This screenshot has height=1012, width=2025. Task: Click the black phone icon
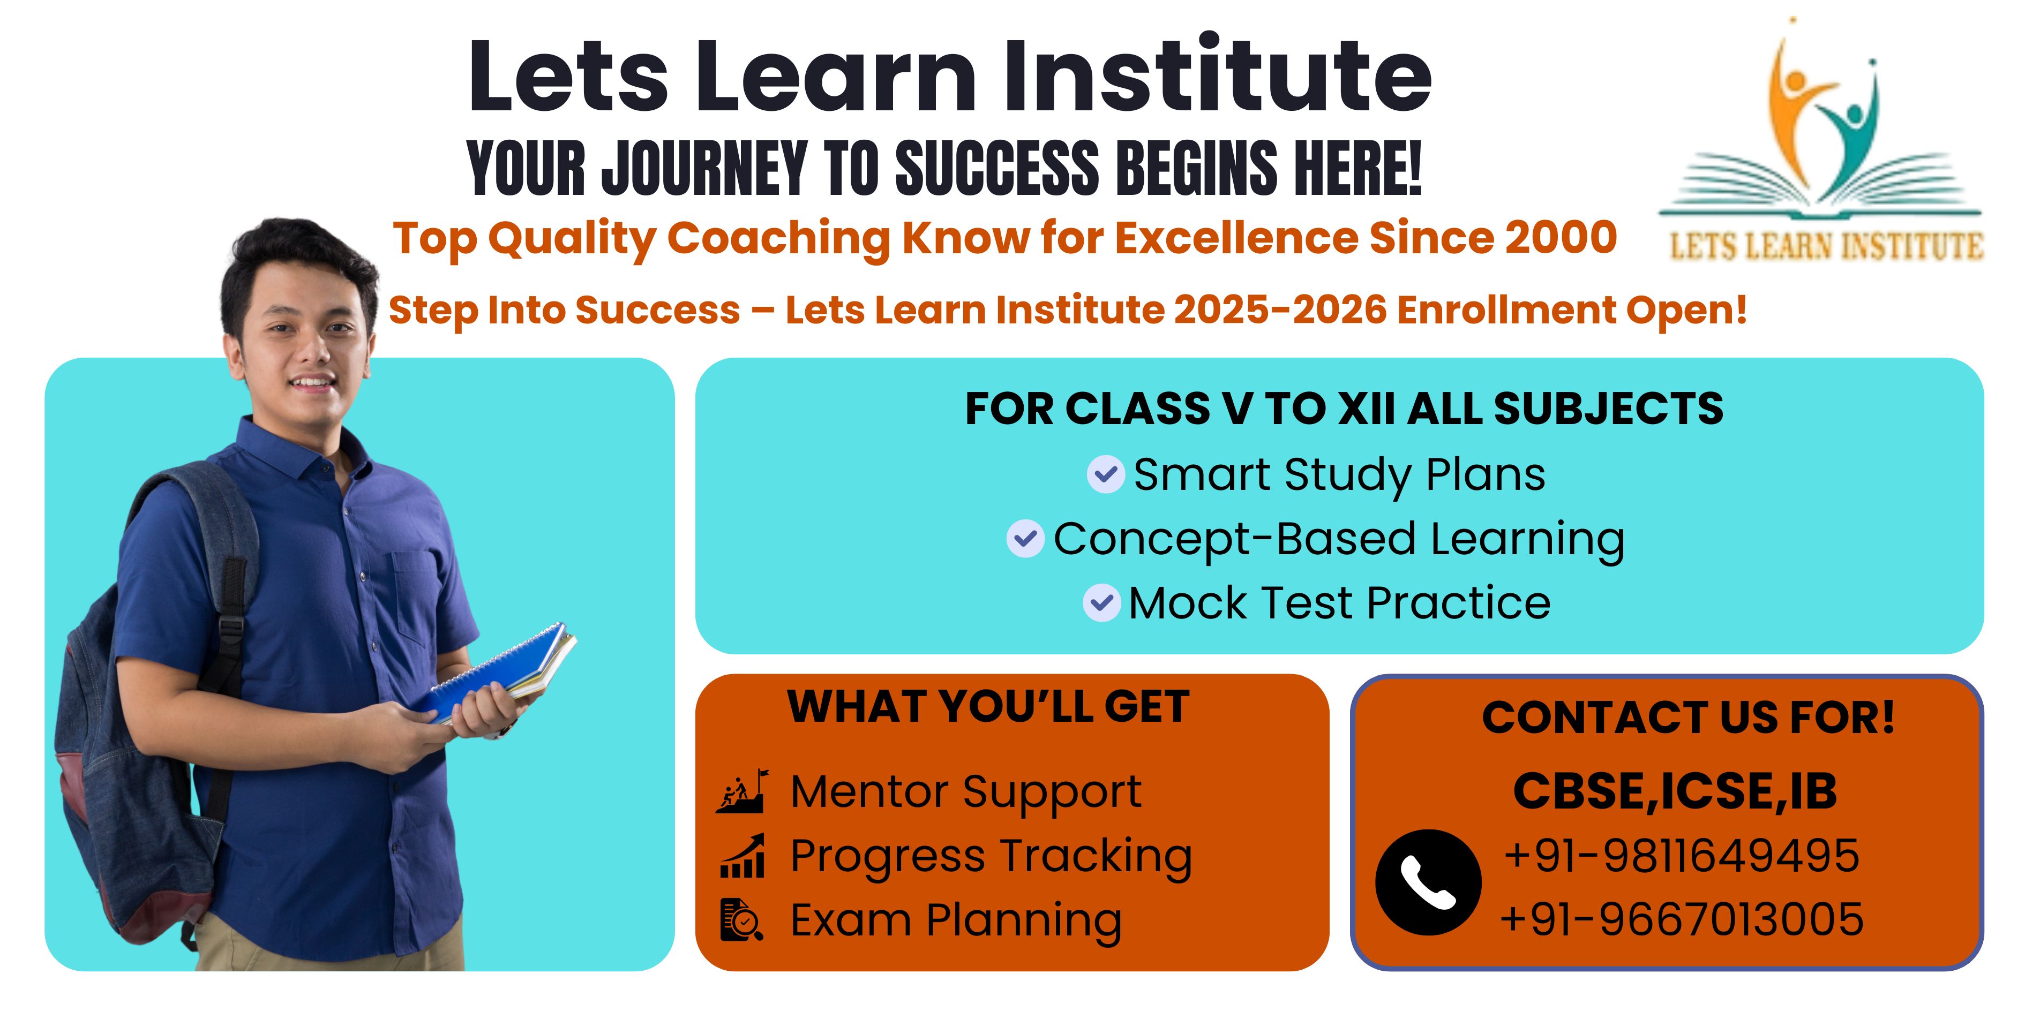point(1428,882)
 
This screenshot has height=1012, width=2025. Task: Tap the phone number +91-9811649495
point(1682,856)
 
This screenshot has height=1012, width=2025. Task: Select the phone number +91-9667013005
point(1682,919)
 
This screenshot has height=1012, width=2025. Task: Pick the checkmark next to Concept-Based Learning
point(1025,539)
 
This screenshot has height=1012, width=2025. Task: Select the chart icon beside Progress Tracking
point(742,856)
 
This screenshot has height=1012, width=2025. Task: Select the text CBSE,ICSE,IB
point(1675,791)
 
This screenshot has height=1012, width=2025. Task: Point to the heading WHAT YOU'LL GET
point(988,706)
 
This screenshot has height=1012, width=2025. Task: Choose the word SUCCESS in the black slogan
point(997,168)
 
